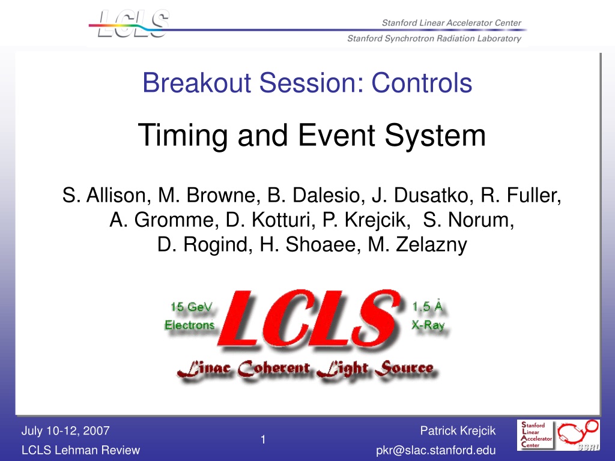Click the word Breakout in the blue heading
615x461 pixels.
point(196,83)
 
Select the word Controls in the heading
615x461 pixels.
point(422,83)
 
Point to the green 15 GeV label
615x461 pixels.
point(192,307)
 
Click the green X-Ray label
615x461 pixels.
point(428,325)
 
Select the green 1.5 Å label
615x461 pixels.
point(427,306)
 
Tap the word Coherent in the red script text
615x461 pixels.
point(274,369)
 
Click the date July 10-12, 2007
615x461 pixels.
point(65,431)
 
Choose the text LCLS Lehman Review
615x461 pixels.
point(81,450)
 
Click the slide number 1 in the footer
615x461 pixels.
point(263,440)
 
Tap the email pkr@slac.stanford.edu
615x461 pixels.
point(436,450)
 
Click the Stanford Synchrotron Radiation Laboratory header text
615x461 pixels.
point(434,38)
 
